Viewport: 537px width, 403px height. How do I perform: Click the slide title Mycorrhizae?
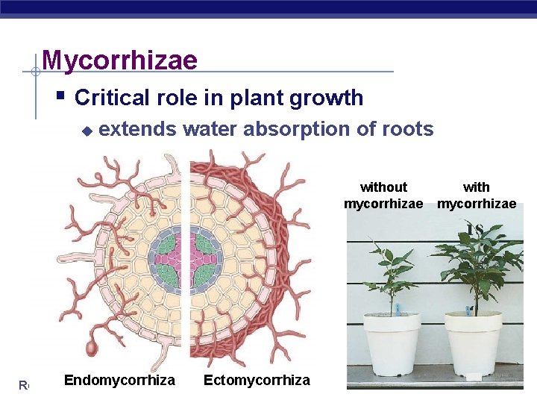[x=119, y=60]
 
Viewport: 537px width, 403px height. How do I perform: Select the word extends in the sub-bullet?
[x=137, y=129]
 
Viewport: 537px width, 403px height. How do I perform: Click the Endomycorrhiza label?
[x=119, y=380]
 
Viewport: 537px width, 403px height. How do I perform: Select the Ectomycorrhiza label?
[x=257, y=380]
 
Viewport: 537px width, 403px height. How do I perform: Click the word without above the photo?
[x=383, y=187]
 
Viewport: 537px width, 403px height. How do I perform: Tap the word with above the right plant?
[x=477, y=187]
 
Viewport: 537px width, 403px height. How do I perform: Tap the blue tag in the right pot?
[x=468, y=308]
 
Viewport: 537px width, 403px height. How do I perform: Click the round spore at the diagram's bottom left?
[x=92, y=349]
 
